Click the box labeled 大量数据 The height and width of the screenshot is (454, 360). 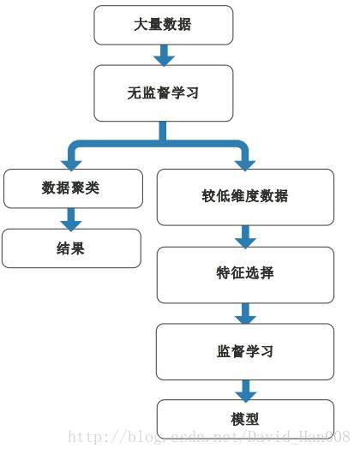(x=163, y=25)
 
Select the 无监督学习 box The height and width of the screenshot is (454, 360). (x=163, y=93)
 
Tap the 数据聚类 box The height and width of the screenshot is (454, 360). (x=71, y=188)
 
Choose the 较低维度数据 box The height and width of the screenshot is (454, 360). (x=245, y=197)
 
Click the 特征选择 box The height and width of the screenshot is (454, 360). (x=245, y=274)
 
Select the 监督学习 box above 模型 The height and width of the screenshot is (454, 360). (x=245, y=351)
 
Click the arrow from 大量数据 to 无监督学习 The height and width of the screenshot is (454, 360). (x=164, y=55)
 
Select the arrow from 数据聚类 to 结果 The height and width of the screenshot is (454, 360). (x=71, y=218)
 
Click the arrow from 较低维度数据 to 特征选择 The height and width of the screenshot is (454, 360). (x=246, y=236)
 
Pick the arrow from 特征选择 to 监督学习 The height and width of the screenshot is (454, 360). (x=246, y=313)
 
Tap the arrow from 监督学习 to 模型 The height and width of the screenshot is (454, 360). (x=246, y=391)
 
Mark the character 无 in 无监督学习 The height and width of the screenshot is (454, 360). (x=134, y=93)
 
